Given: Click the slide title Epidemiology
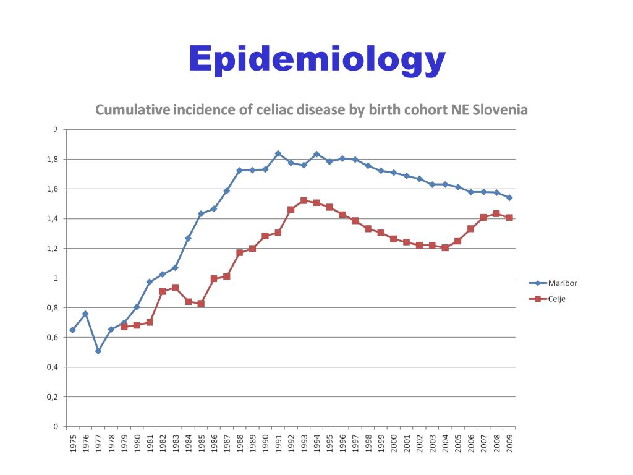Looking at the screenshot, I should [316, 59].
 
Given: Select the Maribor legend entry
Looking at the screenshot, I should [563, 283].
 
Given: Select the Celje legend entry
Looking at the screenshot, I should [557, 299].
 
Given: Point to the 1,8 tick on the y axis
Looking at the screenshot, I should [54, 160].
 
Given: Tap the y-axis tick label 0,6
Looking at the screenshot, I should [54, 338].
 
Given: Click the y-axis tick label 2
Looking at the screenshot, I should [56, 130].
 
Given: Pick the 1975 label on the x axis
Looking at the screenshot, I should [73, 443].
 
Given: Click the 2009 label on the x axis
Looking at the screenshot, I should [509, 443].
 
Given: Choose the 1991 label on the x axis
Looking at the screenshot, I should [278, 443].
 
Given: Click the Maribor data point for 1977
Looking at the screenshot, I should [98, 351].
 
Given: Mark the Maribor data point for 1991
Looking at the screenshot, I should [278, 153].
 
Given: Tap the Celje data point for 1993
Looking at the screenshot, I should [304, 200].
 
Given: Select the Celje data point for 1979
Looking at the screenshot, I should [124, 327].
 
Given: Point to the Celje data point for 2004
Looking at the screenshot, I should [445, 247].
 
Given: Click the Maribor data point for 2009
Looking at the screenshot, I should [509, 197].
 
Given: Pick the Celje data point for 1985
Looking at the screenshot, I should [201, 304].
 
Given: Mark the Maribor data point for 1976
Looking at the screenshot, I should [85, 314].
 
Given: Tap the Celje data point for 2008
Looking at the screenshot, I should [496, 213].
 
